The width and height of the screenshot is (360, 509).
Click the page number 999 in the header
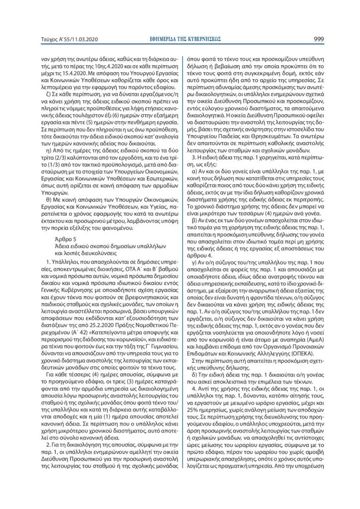(319, 38)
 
